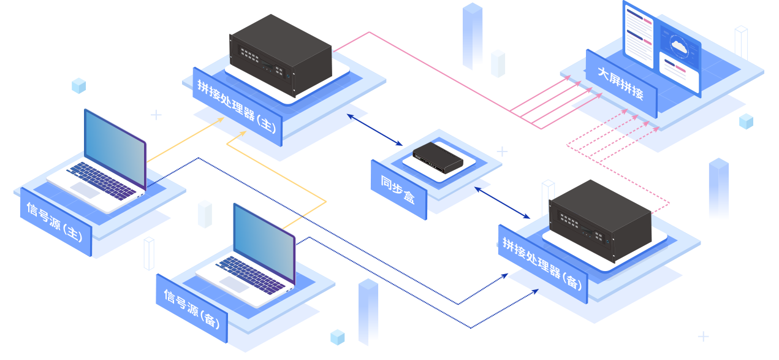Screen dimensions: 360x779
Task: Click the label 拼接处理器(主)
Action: point(237,108)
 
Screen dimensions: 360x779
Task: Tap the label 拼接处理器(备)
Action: point(541,264)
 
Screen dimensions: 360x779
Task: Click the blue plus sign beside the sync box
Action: point(502,151)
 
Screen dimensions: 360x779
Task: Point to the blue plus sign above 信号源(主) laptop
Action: point(156,115)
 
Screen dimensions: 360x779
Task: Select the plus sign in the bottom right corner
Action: point(703,336)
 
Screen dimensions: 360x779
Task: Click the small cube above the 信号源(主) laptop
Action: point(79,86)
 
